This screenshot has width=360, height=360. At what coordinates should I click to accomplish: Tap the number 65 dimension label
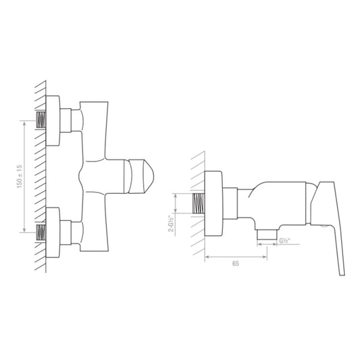[x=236, y=265]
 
